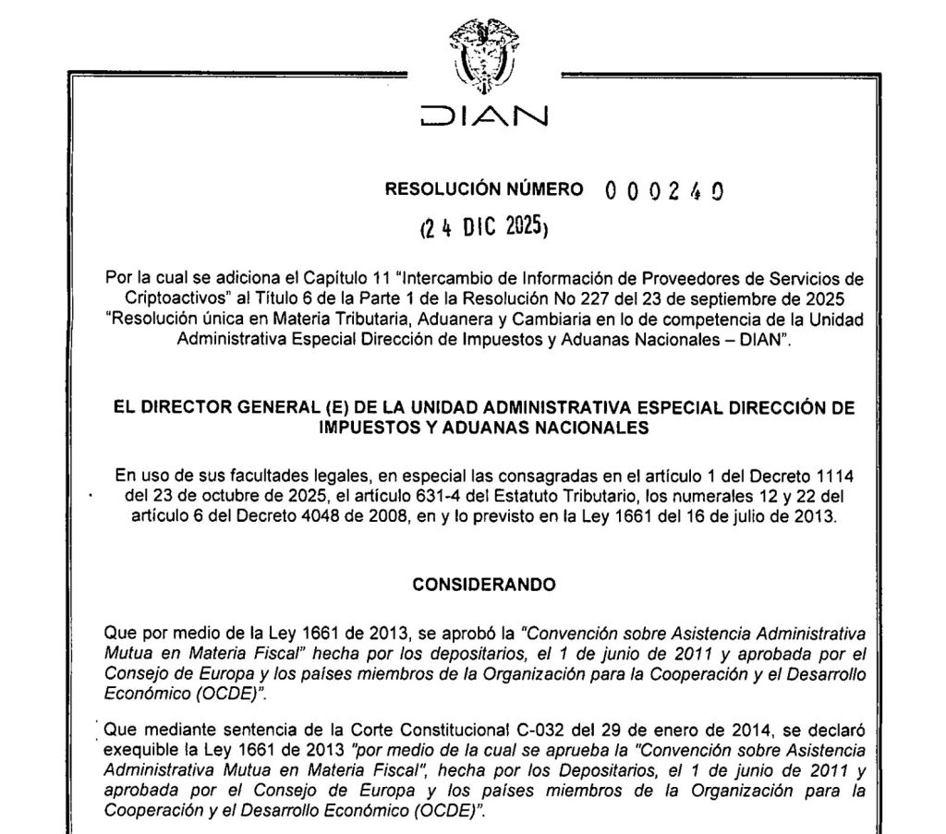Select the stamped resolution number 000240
pyautogui.click(x=662, y=190)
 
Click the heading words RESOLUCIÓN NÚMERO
pyautogui.click(x=483, y=189)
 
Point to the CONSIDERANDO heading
pyautogui.click(x=484, y=584)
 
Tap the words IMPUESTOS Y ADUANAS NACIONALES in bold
pyautogui.click(x=483, y=427)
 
